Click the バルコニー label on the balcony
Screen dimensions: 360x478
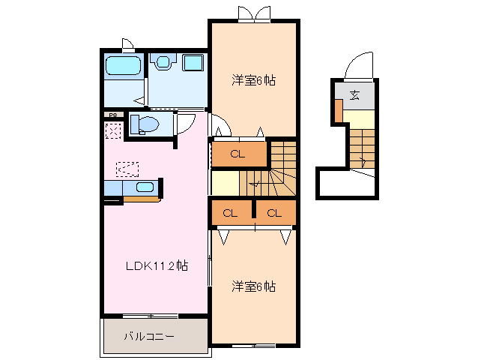click(x=149, y=337)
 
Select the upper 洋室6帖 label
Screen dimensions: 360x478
click(x=252, y=80)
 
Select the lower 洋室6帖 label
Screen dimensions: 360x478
click(x=252, y=286)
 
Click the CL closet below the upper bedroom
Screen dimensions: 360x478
click(x=238, y=154)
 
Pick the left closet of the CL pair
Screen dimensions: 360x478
click(x=231, y=213)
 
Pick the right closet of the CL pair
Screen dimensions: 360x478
click(x=274, y=213)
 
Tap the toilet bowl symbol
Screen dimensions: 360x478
click(x=143, y=124)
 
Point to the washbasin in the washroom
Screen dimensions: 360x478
click(x=193, y=63)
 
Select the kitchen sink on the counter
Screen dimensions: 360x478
click(x=144, y=187)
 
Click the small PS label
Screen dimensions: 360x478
click(x=112, y=115)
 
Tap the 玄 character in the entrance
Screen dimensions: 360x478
click(x=354, y=95)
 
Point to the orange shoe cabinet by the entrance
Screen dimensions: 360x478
click(x=339, y=111)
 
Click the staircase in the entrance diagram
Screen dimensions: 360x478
click(x=363, y=146)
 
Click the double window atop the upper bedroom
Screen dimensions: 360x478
click(x=253, y=13)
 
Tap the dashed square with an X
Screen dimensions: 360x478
click(x=113, y=131)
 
